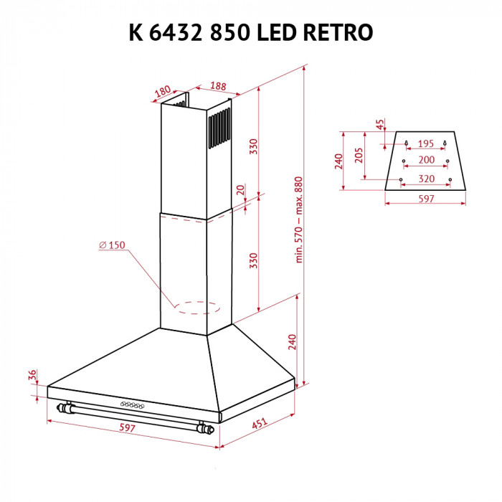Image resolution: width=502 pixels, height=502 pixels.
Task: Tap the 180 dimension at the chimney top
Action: [163, 91]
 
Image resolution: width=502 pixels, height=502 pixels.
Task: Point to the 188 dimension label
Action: [219, 86]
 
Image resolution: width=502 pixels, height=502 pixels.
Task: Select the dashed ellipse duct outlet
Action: [196, 308]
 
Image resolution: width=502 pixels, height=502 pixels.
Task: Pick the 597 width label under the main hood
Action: [126, 427]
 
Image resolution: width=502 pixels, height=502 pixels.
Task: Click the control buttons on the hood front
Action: [131, 405]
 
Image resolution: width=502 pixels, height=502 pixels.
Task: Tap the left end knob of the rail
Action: [66, 409]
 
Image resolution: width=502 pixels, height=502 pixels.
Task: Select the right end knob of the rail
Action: [207, 430]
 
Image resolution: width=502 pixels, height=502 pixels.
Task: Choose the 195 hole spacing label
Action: [426, 143]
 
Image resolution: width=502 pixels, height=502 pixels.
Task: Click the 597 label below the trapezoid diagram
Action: [426, 199]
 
